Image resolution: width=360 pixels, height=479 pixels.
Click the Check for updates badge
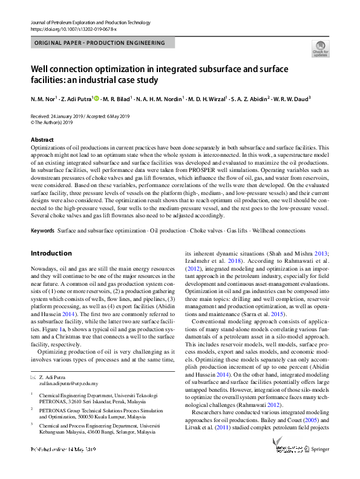320,48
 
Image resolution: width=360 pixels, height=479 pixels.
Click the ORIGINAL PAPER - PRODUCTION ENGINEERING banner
100,43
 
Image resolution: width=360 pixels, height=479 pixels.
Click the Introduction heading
51,253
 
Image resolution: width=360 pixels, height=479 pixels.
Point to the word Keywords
42,231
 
